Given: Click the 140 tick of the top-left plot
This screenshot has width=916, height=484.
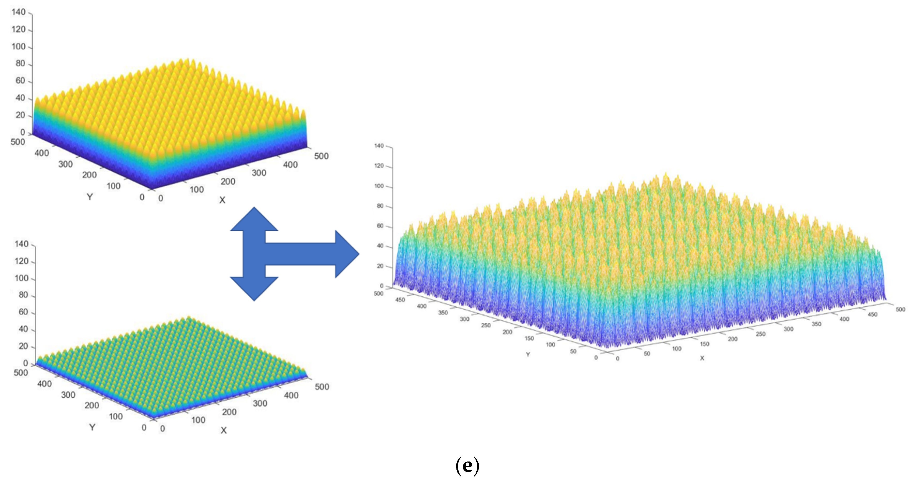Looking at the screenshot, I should pyautogui.click(x=19, y=12).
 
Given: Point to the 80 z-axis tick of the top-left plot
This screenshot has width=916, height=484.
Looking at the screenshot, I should pyautogui.click(x=20, y=64).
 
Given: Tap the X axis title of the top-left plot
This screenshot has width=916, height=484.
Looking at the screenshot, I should pyautogui.click(x=222, y=200).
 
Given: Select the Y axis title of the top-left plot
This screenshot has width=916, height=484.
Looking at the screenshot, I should pyautogui.click(x=90, y=197).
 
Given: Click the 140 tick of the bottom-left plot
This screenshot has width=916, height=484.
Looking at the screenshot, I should pyautogui.click(x=21, y=244).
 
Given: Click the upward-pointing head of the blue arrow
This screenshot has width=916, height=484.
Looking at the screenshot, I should pyautogui.click(x=254, y=219).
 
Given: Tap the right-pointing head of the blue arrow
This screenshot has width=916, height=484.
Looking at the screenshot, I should pyautogui.click(x=347, y=254).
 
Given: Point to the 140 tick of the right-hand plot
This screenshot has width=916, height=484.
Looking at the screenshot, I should pyautogui.click(x=379, y=146).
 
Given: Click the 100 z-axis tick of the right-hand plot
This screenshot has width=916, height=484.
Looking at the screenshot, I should pyautogui.click(x=379, y=186).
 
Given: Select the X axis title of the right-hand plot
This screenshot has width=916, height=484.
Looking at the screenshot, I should pyautogui.click(x=702, y=358).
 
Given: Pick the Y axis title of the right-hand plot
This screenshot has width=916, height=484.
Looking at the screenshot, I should pyautogui.click(x=528, y=354).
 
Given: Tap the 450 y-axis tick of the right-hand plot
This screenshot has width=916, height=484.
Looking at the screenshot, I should pyautogui.click(x=400, y=300).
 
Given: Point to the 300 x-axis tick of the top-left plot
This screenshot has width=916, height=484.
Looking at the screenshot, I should pyautogui.click(x=259, y=173).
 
